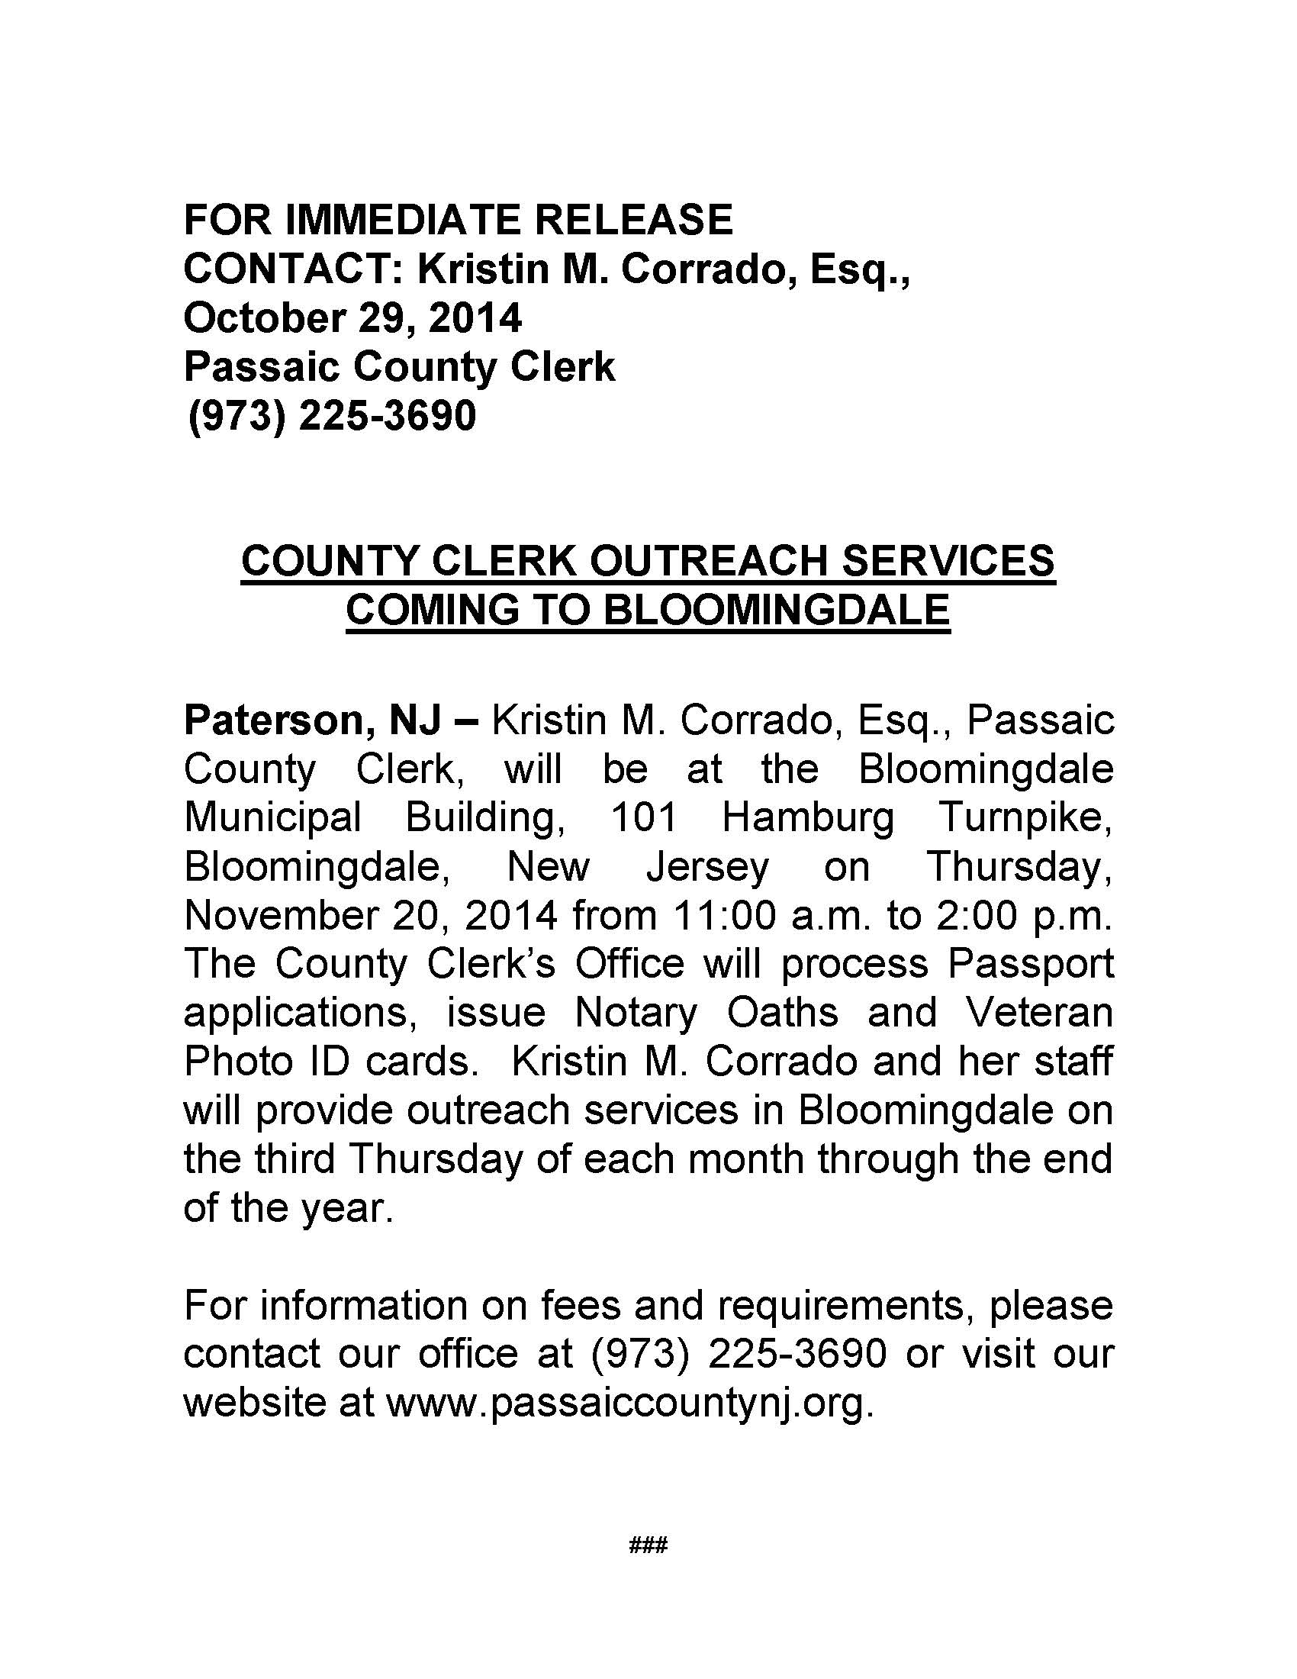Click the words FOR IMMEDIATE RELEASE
458,220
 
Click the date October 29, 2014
352,318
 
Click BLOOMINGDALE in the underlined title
776,610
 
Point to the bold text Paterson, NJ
313,720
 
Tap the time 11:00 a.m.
771,916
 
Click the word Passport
1030,964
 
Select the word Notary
636,1013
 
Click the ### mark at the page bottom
648,1545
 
